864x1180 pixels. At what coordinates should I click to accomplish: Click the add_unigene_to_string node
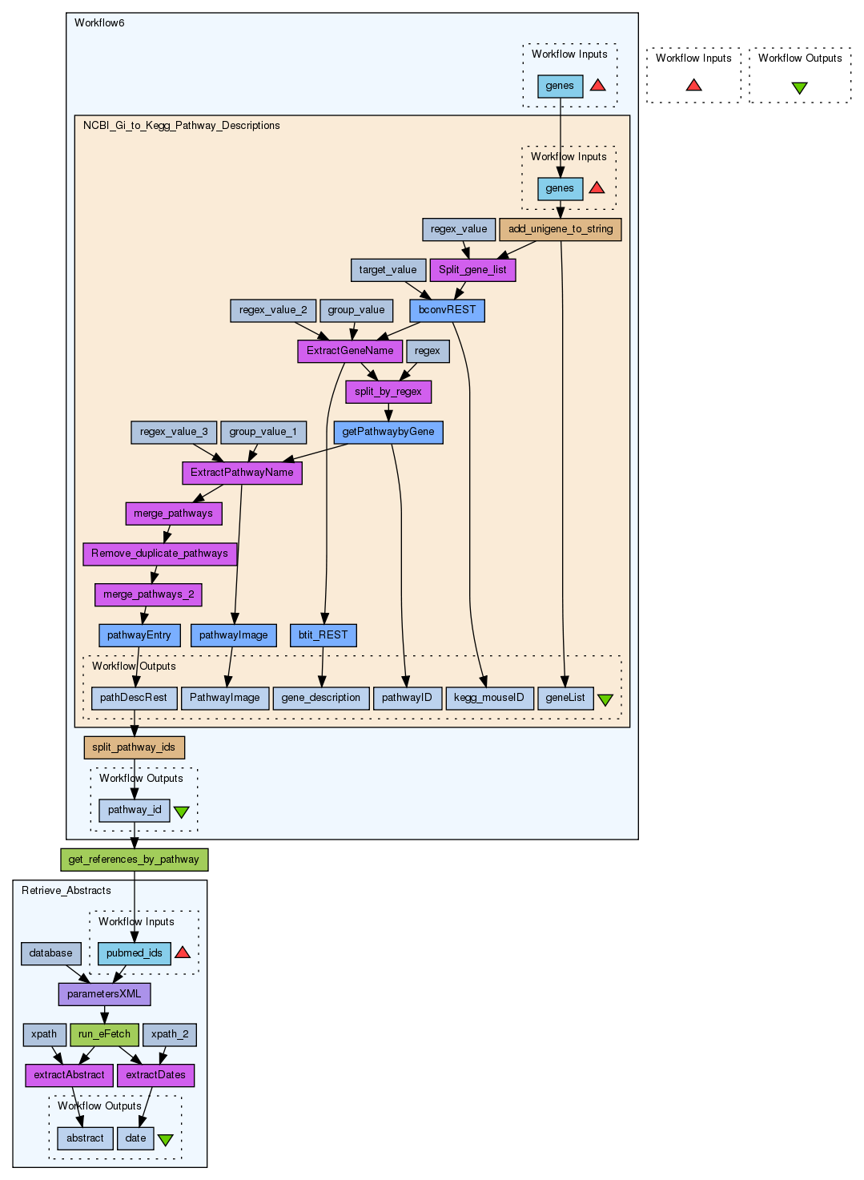pos(561,229)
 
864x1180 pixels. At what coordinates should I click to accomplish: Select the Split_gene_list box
pos(472,270)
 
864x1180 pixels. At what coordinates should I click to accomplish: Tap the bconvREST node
pos(447,310)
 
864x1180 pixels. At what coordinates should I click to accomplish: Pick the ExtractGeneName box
pos(350,351)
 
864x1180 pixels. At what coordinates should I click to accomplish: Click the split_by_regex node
pos(388,392)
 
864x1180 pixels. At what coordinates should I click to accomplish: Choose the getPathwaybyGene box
pos(388,432)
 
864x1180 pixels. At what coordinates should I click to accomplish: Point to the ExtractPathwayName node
pos(242,473)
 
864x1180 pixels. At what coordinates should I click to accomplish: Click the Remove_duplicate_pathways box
pos(159,554)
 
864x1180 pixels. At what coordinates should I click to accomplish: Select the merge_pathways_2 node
pos(148,594)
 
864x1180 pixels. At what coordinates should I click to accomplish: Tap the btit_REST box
pos(323,635)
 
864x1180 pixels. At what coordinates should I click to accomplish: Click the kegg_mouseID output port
pos(489,698)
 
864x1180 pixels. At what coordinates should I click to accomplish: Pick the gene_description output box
pos(321,698)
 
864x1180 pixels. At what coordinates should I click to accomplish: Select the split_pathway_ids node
pos(134,747)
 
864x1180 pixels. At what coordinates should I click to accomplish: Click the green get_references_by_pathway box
pos(134,860)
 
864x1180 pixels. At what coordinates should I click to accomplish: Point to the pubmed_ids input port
pos(135,953)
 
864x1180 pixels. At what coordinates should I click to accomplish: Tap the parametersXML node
pos(104,994)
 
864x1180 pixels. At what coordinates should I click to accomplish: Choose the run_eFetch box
pos(104,1034)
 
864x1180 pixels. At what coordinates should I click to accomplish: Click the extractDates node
pos(155,1075)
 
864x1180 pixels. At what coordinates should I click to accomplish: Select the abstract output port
pos(85,1138)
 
